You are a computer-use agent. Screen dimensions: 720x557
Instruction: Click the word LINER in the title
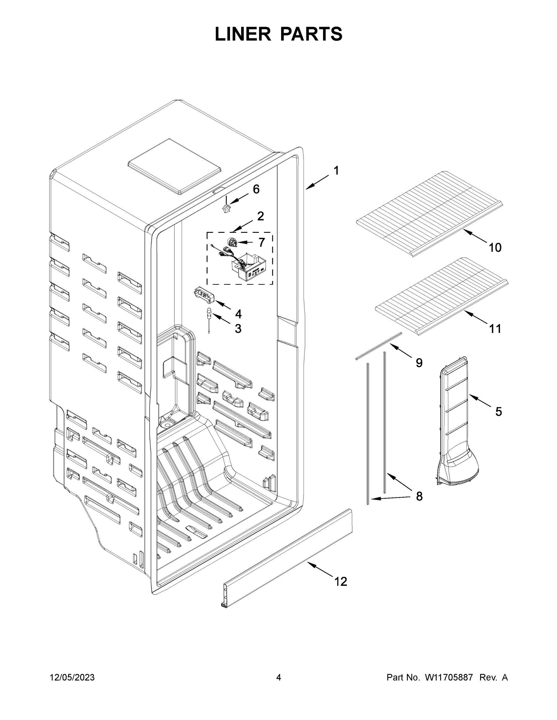click(243, 34)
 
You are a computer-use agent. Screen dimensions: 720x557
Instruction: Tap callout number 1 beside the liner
click(336, 171)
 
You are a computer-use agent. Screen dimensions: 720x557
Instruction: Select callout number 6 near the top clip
click(256, 189)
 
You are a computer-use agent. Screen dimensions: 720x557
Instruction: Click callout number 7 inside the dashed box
click(261, 242)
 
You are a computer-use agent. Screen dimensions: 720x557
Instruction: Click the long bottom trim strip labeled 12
click(287, 557)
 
